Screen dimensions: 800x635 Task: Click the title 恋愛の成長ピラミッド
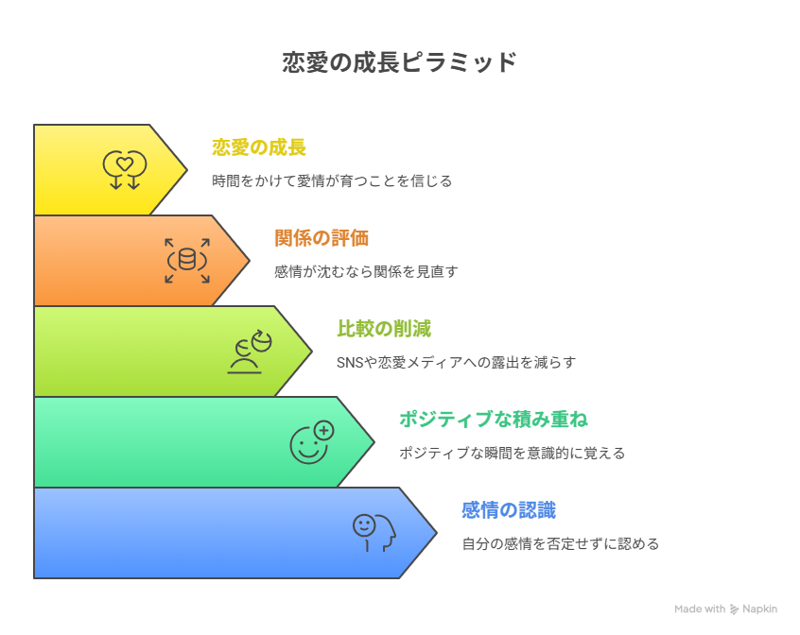point(399,62)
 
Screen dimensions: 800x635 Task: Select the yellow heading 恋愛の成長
point(259,147)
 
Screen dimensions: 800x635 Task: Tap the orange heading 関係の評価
point(322,238)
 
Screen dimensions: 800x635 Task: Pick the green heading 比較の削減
point(384,329)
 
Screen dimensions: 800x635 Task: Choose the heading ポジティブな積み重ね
point(494,420)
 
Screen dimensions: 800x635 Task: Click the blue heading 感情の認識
point(509,510)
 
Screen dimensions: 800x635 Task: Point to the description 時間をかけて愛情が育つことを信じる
point(332,180)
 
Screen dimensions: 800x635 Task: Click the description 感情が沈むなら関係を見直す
point(366,271)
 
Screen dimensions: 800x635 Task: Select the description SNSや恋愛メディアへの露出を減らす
point(456,362)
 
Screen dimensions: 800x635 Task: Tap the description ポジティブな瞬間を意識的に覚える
point(512,453)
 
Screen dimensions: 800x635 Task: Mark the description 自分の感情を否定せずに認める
point(560,543)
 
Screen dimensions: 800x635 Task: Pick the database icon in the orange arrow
point(187,261)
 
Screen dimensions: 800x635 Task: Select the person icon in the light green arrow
point(250,352)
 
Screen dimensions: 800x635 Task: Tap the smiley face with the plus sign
point(312,442)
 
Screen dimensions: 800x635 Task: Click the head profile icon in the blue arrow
point(374,533)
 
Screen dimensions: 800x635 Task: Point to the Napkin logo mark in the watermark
point(734,609)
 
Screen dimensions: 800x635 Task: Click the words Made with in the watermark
point(700,609)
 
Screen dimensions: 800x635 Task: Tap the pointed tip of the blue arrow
point(437,533)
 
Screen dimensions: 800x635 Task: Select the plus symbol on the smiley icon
point(324,431)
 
